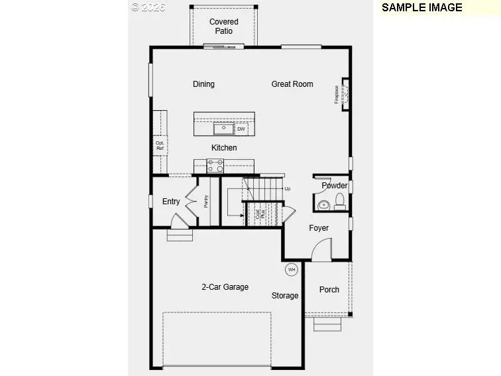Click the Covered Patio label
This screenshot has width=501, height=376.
[223, 26]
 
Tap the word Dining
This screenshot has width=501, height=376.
[203, 84]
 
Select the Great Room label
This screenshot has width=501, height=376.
[292, 84]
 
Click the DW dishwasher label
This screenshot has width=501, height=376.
[241, 129]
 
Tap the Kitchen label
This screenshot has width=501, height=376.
[224, 148]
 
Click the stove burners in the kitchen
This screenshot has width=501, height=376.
[215, 165]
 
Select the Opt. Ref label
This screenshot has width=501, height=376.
[160, 146]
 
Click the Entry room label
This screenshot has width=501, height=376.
[171, 202]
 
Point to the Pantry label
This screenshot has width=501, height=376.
[206, 200]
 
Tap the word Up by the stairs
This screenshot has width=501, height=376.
[287, 189]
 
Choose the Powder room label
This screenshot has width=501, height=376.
[335, 186]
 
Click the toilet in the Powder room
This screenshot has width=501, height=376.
[340, 201]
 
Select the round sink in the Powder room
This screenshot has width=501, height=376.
[324, 205]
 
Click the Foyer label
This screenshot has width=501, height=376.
[319, 228]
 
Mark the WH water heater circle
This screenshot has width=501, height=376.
[292, 269]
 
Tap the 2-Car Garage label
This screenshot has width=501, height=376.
[225, 287]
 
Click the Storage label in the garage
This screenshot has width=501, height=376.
[285, 296]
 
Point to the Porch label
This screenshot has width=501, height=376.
[329, 290]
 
